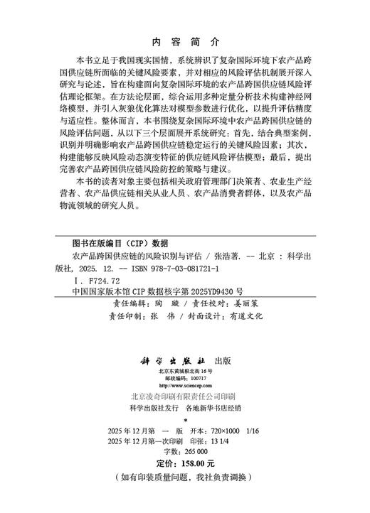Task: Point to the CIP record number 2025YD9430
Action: (x=214, y=291)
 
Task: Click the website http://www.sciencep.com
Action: (x=184, y=387)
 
